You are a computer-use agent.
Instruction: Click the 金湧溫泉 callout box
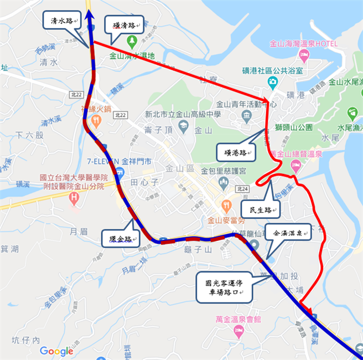(x=287, y=233)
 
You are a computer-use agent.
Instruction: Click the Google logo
(x=56, y=351)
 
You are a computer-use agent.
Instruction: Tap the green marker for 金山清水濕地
(x=132, y=41)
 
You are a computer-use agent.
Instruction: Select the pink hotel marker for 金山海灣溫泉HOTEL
(x=304, y=54)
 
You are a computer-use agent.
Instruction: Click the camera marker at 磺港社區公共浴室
(x=272, y=82)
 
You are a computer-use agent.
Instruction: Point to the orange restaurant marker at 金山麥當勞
(x=226, y=205)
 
